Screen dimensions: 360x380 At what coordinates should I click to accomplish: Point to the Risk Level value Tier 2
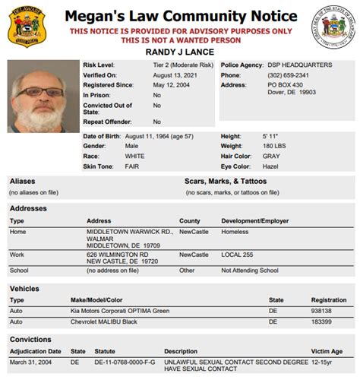(x=182, y=66)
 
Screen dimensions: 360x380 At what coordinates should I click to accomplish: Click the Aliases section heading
(x=22, y=181)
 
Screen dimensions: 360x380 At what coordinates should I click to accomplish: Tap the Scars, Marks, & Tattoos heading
(x=225, y=181)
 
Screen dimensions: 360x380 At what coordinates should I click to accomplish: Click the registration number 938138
(x=320, y=311)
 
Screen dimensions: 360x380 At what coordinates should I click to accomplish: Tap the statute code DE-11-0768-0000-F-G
(x=125, y=362)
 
